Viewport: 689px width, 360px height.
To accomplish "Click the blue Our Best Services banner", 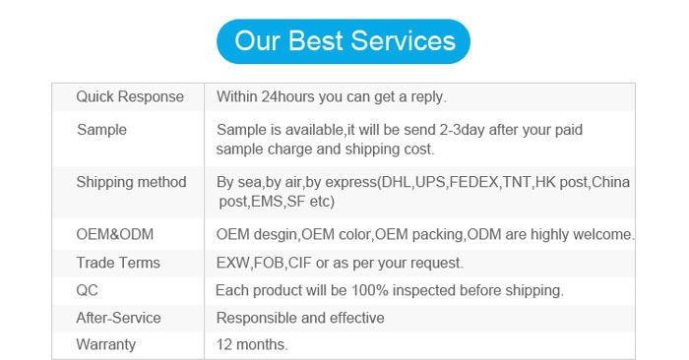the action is click(x=344, y=41).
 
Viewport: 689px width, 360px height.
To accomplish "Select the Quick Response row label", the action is click(x=130, y=96).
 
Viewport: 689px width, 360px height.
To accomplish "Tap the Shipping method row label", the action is click(x=131, y=182).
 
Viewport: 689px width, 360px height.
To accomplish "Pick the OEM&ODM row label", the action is click(x=115, y=234).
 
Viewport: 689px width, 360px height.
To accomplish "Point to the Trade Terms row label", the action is click(x=118, y=263).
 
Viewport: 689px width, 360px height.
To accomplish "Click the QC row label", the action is click(x=87, y=290).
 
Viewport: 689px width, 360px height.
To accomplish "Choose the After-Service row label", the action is click(x=119, y=318).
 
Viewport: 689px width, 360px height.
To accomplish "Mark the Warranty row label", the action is click(x=106, y=344).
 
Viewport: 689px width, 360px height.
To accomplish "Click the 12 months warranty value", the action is click(x=252, y=344).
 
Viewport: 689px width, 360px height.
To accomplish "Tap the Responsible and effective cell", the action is click(x=300, y=318).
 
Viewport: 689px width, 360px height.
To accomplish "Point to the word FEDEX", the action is click(x=473, y=182).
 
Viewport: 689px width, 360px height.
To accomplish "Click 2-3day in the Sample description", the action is click(x=463, y=130).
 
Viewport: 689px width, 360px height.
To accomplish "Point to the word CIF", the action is click(x=299, y=263).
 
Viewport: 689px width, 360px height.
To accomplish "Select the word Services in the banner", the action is click(x=403, y=41).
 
